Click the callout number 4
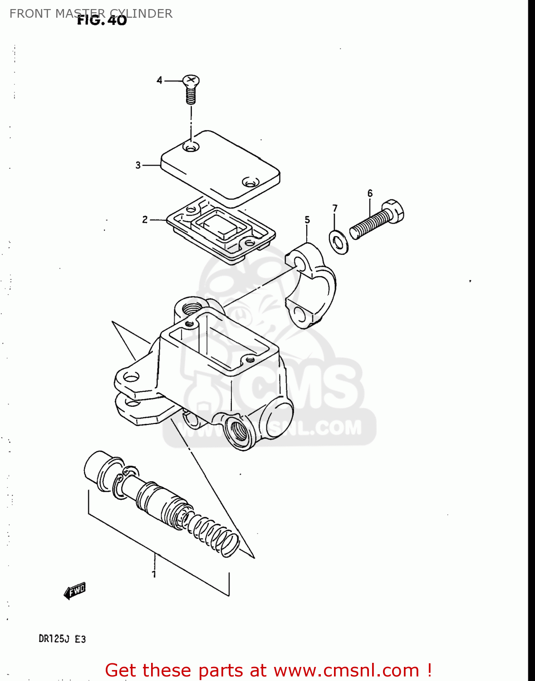pyautogui.click(x=159, y=80)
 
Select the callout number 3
pyautogui.click(x=138, y=165)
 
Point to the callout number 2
pyautogui.click(x=145, y=220)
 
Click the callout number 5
pyautogui.click(x=307, y=220)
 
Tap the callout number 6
pyautogui.click(x=370, y=193)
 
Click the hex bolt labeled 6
pyautogui.click(x=377, y=220)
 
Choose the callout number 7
pyautogui.click(x=335, y=208)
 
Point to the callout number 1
pyautogui.click(x=154, y=574)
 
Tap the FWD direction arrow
pyautogui.click(x=75, y=591)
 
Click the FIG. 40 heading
pyautogui.click(x=102, y=20)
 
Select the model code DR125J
pyautogui.click(x=54, y=639)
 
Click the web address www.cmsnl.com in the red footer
pyautogui.click(x=346, y=670)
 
